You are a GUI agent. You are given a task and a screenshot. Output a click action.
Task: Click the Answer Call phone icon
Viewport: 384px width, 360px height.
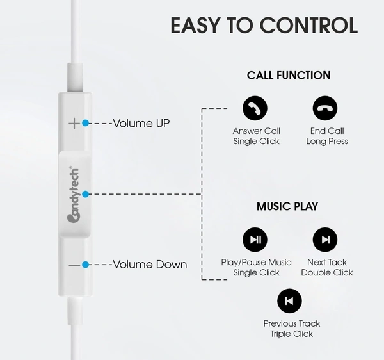[x=255, y=108]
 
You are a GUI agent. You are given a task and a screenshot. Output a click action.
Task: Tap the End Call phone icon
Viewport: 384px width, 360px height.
[x=325, y=108]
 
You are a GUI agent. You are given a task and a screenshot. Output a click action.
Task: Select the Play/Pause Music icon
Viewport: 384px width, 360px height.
[x=255, y=240]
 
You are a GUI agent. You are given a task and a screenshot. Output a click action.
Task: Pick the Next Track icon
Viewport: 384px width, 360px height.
[x=325, y=240]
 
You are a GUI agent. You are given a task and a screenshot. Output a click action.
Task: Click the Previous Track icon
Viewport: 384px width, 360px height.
[x=289, y=300]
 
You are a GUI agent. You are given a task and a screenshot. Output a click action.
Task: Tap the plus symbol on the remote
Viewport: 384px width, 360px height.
[x=74, y=123]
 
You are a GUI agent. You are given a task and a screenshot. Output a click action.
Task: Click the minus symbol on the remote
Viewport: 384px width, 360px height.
[x=74, y=265]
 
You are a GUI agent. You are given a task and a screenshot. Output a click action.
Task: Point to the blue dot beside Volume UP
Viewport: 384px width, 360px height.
[x=86, y=123]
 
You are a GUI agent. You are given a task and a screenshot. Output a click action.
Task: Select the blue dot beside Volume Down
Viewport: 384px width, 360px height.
[x=86, y=265]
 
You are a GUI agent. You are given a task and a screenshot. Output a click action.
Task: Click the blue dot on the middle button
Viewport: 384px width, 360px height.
[x=86, y=194]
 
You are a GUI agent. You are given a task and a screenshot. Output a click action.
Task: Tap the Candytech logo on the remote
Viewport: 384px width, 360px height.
[x=74, y=195]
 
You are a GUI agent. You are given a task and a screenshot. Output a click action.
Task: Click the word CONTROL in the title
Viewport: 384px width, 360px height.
[x=308, y=25]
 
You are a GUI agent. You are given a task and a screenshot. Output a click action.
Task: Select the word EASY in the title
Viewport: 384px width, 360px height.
[x=195, y=25]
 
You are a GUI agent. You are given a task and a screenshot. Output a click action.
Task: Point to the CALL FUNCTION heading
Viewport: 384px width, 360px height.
[x=289, y=75]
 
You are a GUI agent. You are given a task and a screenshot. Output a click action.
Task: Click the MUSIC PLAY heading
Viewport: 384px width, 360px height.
[x=287, y=206]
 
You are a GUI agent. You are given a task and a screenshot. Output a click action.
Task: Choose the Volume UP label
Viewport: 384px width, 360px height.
[x=141, y=123]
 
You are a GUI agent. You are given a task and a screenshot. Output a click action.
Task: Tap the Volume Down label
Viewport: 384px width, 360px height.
[x=150, y=265]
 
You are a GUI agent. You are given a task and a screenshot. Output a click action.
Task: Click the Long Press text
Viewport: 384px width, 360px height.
[x=327, y=142]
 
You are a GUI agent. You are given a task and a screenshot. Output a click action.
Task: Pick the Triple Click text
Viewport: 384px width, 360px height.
[x=292, y=334]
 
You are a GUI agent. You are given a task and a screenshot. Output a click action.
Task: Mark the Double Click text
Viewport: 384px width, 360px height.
[x=327, y=272]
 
